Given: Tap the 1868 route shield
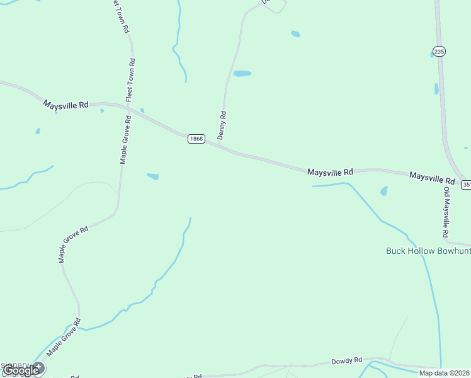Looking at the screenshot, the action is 196,139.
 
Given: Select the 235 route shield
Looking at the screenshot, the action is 440,52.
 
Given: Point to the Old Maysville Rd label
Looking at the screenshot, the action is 446,212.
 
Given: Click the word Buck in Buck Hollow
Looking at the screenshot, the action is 395,251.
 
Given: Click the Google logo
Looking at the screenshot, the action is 21,370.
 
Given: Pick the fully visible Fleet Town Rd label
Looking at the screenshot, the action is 131,79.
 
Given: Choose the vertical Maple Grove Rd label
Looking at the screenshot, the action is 125,139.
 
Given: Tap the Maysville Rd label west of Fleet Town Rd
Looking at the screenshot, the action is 66,105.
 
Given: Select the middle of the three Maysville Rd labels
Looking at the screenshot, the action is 331,171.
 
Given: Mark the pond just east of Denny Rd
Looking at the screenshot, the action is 242,74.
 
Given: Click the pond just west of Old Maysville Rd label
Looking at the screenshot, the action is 383,191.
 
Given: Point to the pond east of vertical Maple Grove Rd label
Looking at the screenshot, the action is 153,176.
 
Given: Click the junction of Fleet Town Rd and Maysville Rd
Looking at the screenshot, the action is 129,108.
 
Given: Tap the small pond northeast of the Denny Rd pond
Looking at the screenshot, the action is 295,34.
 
